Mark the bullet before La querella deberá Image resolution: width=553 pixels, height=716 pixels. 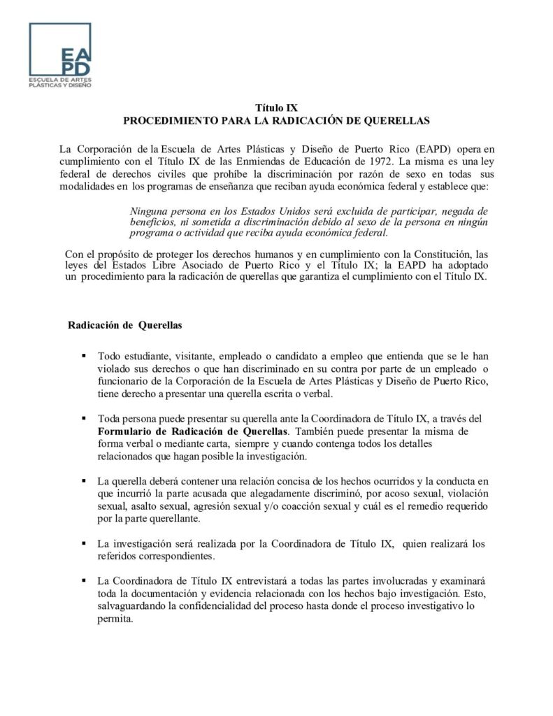coord(84,482)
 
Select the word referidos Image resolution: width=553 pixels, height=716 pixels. coord(120,557)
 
